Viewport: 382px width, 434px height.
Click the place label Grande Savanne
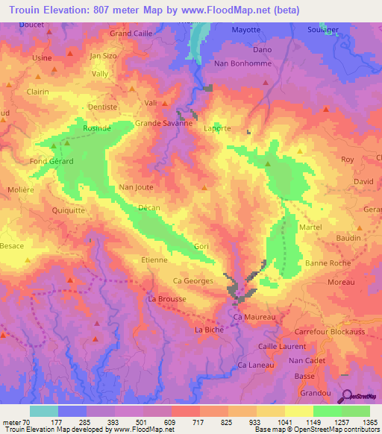[163, 124]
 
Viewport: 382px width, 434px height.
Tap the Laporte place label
[217, 128]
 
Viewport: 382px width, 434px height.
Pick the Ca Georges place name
[193, 281]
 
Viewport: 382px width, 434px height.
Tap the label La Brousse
[167, 299]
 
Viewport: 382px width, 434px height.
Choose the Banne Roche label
[328, 263]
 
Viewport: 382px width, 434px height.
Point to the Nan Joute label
[136, 188]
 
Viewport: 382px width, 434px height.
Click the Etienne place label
[154, 260]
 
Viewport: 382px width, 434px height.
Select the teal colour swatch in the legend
[43, 411]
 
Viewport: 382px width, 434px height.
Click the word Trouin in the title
[26, 10]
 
